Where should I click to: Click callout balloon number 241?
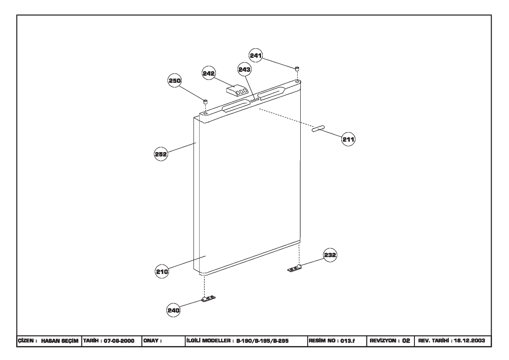[x=256, y=55]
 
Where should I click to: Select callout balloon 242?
[x=209, y=73]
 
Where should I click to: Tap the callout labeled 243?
[x=244, y=69]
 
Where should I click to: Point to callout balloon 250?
[x=175, y=81]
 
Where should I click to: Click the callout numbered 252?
[x=161, y=154]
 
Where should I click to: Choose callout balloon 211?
[x=348, y=139]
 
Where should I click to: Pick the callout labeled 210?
[x=162, y=272]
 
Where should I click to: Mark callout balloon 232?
[x=330, y=255]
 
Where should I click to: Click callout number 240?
[x=173, y=310]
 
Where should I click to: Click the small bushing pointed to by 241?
[x=297, y=68]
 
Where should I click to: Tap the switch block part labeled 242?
[x=237, y=91]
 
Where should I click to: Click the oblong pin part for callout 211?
[x=318, y=128]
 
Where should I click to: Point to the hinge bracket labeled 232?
[x=295, y=268]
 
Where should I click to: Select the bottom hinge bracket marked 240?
[x=208, y=298]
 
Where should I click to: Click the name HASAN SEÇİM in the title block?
[x=60, y=341]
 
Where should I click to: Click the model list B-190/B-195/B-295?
[x=262, y=341]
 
